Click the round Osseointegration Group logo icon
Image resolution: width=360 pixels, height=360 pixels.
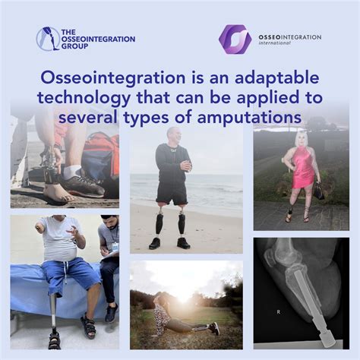pos(49,38)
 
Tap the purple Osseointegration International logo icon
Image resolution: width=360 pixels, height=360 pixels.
pos(235,39)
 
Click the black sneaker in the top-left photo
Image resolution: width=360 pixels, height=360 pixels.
pos(82,185)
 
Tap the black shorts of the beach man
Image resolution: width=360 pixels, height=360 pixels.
pos(172,196)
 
